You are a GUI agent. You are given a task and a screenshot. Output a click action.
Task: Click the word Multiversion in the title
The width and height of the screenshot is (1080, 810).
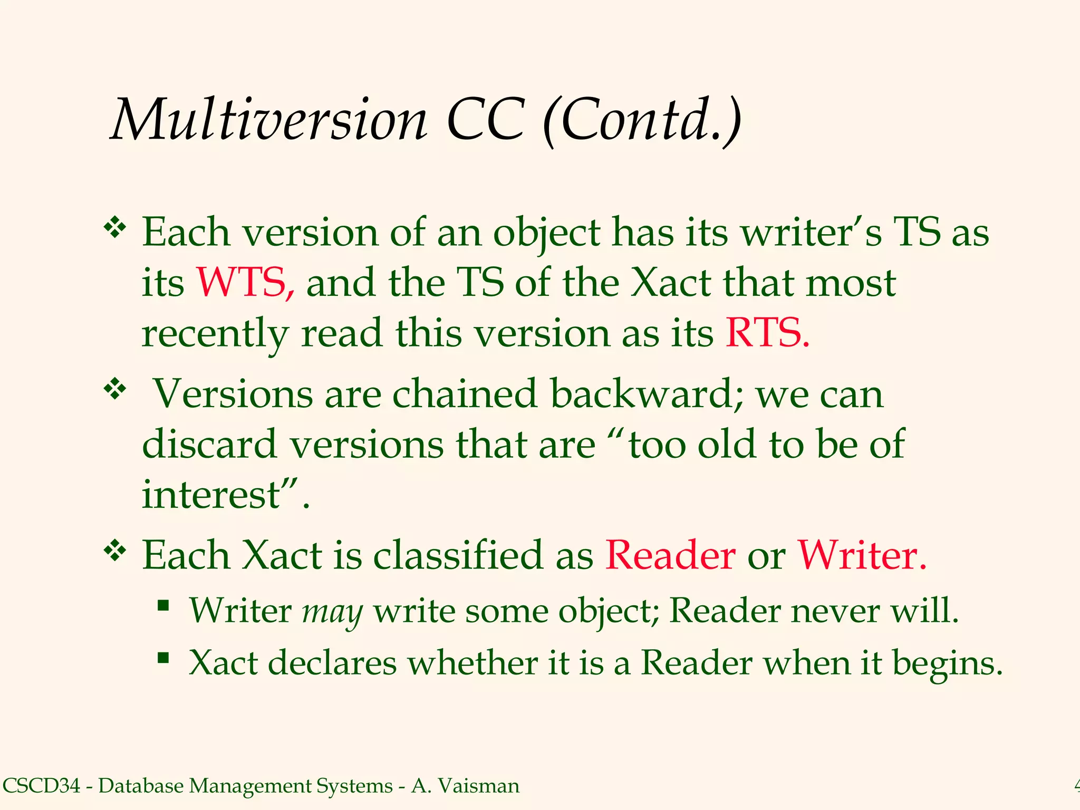[x=269, y=120]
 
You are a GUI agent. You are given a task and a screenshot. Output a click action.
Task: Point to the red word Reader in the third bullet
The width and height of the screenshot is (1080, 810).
[x=670, y=555]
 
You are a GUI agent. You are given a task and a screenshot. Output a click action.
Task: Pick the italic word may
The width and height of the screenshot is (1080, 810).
[x=332, y=612]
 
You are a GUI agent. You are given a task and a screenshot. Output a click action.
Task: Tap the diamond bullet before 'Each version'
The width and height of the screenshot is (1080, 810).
[x=115, y=228]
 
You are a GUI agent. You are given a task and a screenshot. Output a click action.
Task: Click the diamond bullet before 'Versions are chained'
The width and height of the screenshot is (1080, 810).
[x=115, y=390]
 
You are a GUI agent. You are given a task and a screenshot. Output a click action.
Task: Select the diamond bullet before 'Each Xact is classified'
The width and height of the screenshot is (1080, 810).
[x=115, y=551]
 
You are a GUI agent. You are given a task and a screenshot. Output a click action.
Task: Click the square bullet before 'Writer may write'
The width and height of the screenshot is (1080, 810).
[x=163, y=605]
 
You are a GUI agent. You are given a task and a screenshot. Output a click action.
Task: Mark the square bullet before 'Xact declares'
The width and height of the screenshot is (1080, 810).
[x=163, y=657]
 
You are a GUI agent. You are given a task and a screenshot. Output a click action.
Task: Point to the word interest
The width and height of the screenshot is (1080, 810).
[x=211, y=495]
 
